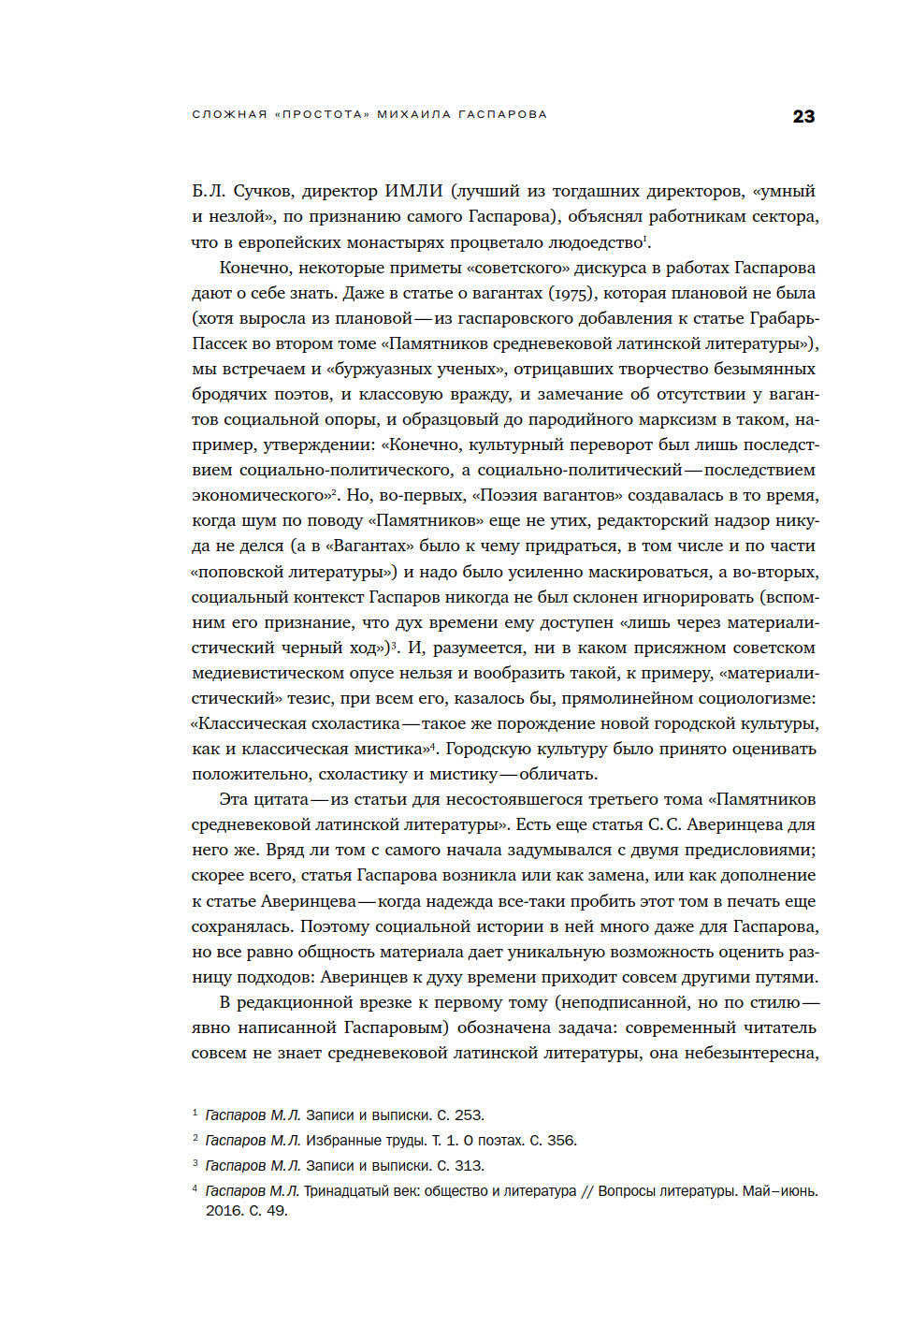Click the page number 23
tap(803, 116)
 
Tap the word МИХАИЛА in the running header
tap(412, 114)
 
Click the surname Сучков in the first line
tap(262, 191)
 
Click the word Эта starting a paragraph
tap(237, 799)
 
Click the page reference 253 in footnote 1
tap(467, 1115)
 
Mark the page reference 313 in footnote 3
tap(467, 1166)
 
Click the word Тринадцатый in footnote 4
tap(348, 1191)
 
